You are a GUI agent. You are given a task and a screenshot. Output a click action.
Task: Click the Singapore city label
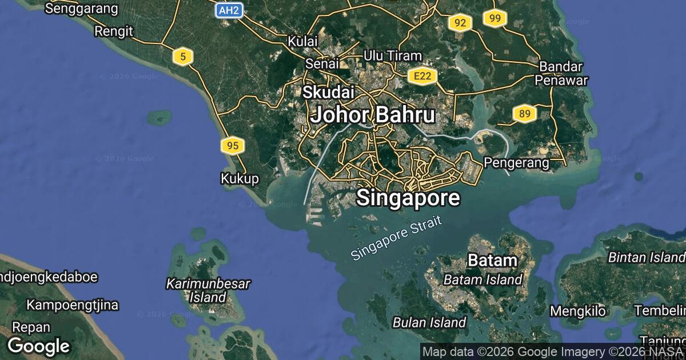408,198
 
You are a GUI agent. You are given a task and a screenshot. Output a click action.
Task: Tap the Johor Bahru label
372,115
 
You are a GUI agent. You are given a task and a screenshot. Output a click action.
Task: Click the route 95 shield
233,146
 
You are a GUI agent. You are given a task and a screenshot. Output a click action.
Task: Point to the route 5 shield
182,56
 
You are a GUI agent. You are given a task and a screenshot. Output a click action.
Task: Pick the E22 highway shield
423,76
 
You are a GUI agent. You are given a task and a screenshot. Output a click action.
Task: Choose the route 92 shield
460,23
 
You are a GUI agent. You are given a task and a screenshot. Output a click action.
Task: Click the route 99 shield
495,19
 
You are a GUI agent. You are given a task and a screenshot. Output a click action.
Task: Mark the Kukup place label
240,179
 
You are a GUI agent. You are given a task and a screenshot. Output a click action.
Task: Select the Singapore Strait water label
397,238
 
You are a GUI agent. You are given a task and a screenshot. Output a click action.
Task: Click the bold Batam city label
492,261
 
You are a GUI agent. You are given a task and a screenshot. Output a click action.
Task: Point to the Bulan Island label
429,322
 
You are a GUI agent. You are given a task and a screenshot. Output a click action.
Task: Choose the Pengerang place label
516,163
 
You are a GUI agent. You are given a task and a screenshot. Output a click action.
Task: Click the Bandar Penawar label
561,73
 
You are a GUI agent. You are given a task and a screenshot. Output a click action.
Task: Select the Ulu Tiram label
393,56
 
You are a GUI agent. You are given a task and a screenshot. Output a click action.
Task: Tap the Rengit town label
114,31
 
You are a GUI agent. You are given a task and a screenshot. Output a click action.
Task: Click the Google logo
38,346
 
